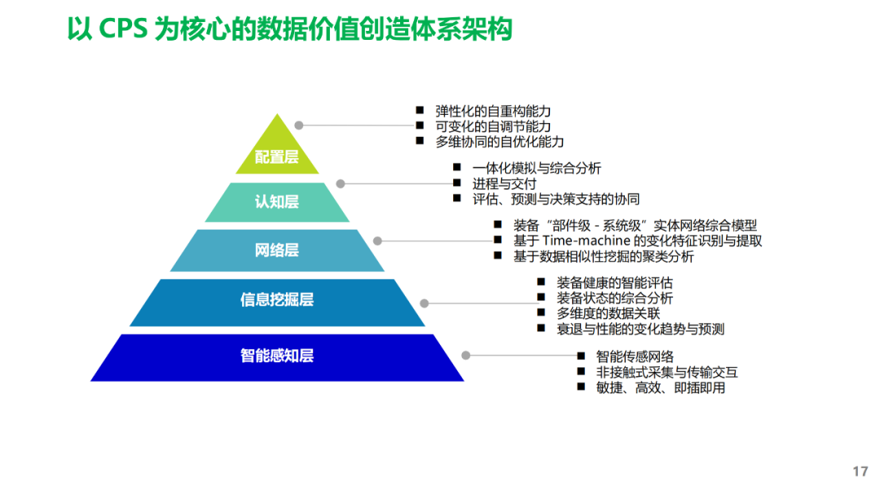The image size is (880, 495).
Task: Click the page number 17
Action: pos(860,471)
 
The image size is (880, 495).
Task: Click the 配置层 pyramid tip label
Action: pos(277,157)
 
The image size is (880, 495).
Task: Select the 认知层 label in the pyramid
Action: pos(277,201)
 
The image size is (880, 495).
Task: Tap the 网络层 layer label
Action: pos(277,250)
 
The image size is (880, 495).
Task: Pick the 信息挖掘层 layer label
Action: pos(277,300)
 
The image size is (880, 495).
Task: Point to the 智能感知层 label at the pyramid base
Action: pos(277,356)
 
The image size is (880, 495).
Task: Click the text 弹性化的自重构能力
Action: pos(494,111)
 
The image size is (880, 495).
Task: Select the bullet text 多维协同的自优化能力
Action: pos(500,142)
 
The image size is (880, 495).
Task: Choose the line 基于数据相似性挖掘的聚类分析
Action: pos(604,256)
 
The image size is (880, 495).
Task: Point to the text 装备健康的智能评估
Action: pos(615,283)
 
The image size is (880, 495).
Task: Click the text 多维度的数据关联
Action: pos(608,313)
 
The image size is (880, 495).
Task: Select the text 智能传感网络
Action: pos(635,357)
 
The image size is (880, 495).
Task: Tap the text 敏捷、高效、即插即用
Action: pos(661,388)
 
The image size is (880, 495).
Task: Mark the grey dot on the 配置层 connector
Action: pos(299,125)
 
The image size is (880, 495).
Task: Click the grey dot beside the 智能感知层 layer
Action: pos(465,356)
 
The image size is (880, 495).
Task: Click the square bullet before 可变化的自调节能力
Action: pos(420,125)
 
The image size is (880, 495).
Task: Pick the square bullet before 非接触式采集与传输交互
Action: pos(581,371)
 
